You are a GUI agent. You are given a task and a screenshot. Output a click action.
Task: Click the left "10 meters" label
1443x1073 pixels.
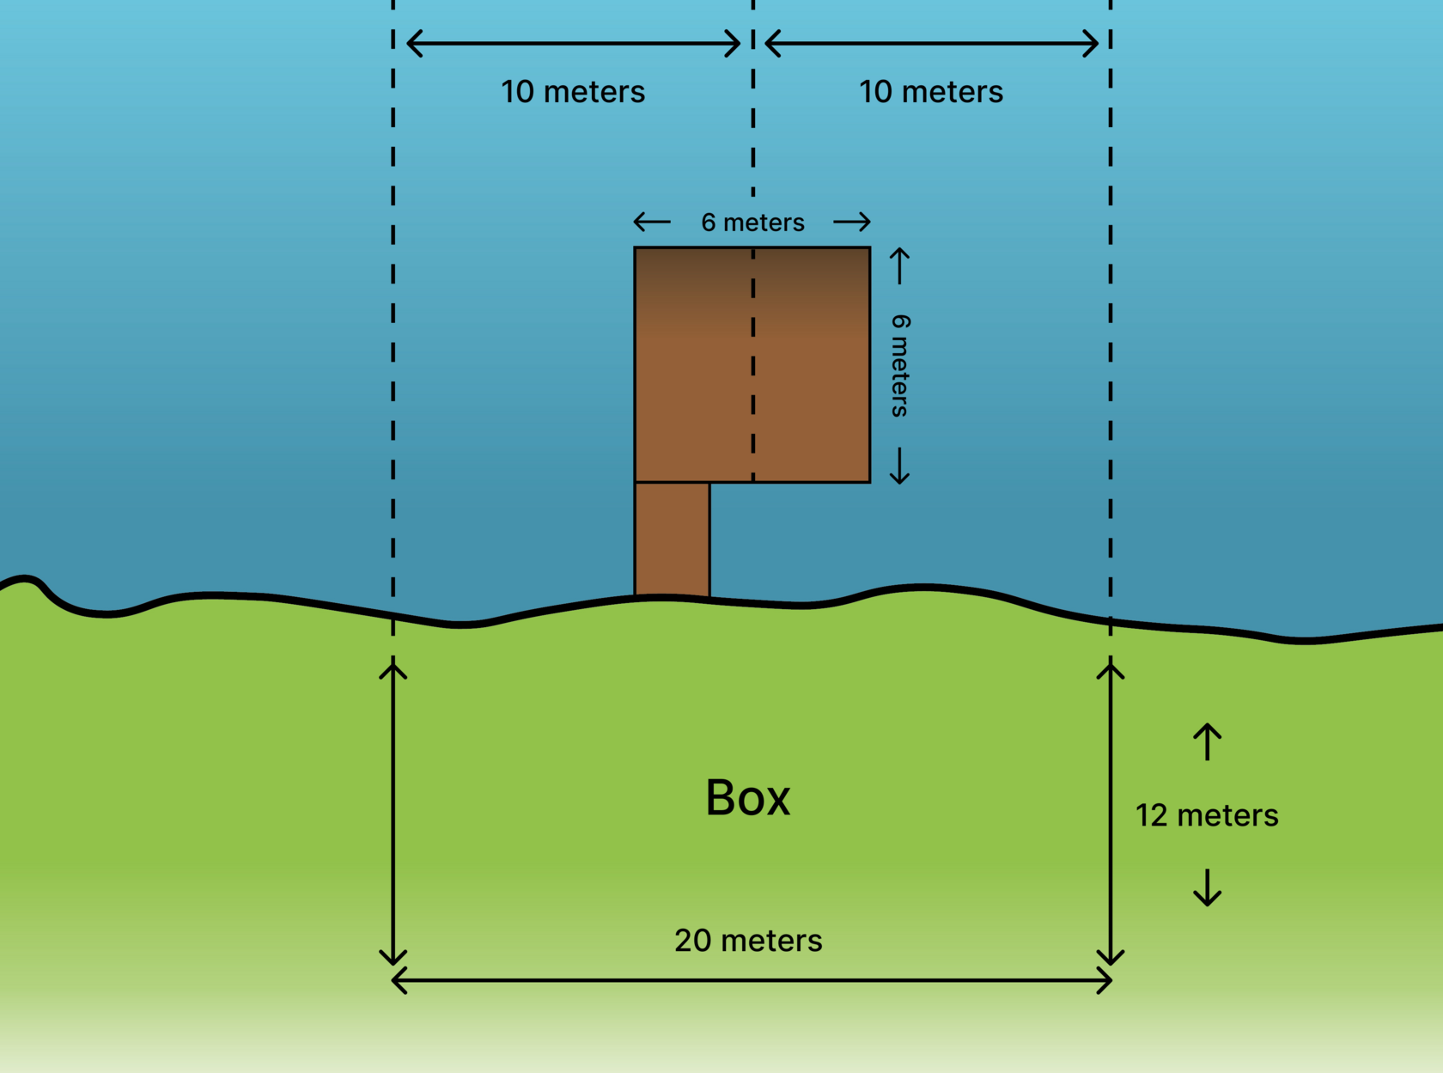tap(573, 92)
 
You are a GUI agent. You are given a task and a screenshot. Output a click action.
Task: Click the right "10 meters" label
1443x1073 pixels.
tap(931, 92)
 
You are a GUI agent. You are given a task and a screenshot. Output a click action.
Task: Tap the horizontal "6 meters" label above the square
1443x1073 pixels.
tap(752, 223)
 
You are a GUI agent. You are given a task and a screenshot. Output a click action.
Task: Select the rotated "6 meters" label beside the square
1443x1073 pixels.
tap(900, 365)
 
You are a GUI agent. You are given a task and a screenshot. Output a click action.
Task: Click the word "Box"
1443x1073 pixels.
tap(747, 798)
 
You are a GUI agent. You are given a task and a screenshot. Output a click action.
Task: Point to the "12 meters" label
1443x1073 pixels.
tap(1207, 815)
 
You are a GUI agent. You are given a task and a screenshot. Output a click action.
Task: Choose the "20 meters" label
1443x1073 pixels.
tap(748, 941)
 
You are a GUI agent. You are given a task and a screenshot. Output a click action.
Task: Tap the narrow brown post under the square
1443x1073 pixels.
tap(672, 539)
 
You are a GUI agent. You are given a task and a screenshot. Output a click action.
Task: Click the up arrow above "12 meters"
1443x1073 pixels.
tap(1207, 741)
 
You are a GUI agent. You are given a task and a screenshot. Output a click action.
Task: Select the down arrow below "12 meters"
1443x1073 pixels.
tap(1207, 887)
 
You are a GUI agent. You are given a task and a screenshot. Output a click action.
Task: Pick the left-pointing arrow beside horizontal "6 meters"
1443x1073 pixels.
tap(652, 223)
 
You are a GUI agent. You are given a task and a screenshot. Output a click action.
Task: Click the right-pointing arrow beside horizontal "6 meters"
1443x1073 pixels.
tap(852, 223)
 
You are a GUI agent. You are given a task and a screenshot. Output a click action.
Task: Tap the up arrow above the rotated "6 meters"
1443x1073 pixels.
tap(899, 265)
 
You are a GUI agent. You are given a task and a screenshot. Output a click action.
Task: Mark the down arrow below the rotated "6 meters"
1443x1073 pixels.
tap(899, 466)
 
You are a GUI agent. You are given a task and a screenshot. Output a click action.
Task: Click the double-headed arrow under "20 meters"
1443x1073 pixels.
tap(752, 980)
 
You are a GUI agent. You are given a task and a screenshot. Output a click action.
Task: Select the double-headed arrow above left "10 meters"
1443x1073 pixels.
tap(573, 43)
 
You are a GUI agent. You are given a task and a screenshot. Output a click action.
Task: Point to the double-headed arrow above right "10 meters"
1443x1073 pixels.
tap(931, 43)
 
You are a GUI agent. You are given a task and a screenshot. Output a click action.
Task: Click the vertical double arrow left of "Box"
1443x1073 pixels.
tap(393, 812)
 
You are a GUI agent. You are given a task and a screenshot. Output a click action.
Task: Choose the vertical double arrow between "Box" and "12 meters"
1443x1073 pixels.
tap(1111, 812)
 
